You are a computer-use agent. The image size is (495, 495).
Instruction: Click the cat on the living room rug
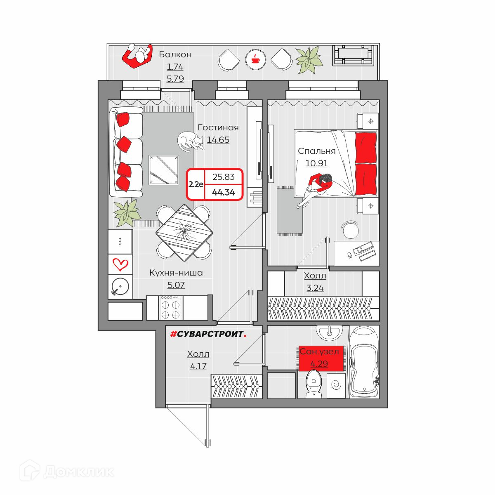pyautogui.click(x=190, y=141)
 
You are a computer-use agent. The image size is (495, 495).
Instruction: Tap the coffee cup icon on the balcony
pyautogui.click(x=255, y=59)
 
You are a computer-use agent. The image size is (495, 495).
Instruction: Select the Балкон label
pyautogui.click(x=175, y=54)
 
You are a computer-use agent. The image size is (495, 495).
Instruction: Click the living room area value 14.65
pyautogui.click(x=218, y=140)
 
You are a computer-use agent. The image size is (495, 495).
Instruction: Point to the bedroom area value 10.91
pyautogui.click(x=316, y=163)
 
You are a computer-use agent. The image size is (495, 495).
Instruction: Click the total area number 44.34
pyautogui.click(x=224, y=192)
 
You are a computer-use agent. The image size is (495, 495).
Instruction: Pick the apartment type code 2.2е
pyautogui.click(x=196, y=184)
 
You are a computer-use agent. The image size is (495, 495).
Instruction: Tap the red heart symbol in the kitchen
pyautogui.click(x=120, y=264)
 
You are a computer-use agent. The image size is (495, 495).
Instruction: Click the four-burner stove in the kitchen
pyautogui.click(x=170, y=308)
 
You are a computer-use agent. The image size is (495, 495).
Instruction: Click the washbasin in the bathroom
pyautogui.click(x=329, y=332)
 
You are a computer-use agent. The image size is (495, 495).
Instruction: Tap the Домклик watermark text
pyautogui.click(x=79, y=472)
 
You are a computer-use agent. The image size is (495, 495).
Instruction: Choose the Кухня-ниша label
pyautogui.click(x=176, y=273)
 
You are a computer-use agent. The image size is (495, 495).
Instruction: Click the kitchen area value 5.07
pyautogui.click(x=176, y=285)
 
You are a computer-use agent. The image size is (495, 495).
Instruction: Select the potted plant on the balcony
pyautogui.click(x=309, y=60)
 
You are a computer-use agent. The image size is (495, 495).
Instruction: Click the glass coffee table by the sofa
pyautogui.click(x=164, y=170)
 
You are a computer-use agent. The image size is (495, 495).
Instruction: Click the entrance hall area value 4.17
pyautogui.click(x=198, y=366)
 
